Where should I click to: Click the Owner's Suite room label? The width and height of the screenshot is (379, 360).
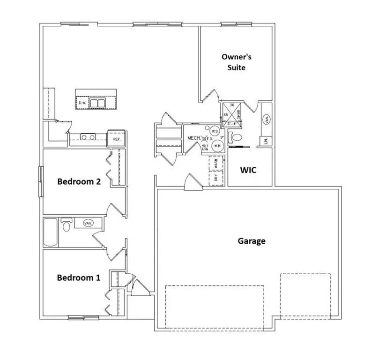coord(237,62)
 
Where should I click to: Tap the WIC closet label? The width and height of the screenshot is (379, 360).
coord(248,170)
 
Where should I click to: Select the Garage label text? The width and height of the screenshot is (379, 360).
coord(252,241)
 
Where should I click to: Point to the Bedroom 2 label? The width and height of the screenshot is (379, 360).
coord(79,181)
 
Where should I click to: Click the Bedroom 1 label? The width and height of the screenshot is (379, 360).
coord(78,277)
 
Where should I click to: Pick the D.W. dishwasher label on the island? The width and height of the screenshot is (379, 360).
coord(82,103)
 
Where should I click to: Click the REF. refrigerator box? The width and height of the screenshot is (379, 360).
coord(116,139)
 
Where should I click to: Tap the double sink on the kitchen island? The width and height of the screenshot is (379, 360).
coord(98,103)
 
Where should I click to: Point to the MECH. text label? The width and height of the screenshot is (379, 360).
coord(194,138)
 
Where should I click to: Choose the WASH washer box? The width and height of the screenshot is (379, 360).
coord(216,164)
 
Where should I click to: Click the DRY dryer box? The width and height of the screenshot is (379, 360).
coord(216,178)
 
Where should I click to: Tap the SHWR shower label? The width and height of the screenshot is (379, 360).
coord(239,113)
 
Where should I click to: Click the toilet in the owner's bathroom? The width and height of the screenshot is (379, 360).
coord(236,138)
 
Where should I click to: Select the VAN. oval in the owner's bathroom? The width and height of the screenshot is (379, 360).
coord(266,120)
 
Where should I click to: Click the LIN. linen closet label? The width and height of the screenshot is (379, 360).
coord(265,141)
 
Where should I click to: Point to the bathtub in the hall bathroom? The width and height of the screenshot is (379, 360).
coord(50,232)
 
